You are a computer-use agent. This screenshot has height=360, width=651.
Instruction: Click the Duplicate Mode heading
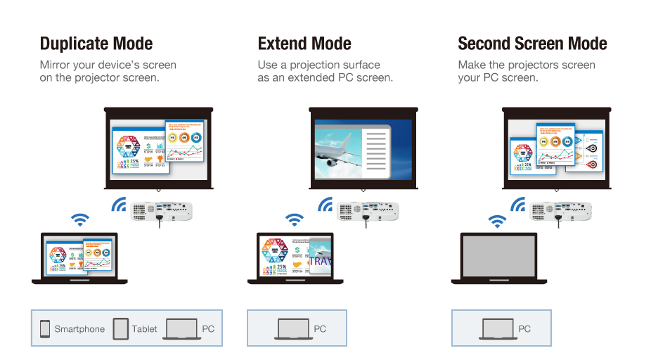click(96, 44)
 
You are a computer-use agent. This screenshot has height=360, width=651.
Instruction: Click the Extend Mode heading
click(304, 44)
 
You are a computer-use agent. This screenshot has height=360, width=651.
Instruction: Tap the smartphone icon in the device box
click(45, 328)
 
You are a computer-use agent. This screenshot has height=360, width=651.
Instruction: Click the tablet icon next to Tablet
click(121, 328)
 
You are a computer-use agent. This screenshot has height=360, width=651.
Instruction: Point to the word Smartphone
click(79, 329)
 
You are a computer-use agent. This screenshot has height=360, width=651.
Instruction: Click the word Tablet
click(144, 329)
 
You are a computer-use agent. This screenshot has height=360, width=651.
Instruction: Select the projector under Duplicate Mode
click(162, 210)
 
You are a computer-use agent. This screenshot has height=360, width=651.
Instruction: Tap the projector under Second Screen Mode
click(560, 210)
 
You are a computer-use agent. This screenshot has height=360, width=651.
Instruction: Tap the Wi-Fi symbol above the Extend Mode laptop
click(295, 221)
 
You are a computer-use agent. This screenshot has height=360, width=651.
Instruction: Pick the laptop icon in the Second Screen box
click(497, 328)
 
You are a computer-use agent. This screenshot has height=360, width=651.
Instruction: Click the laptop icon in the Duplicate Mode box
click(181, 328)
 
